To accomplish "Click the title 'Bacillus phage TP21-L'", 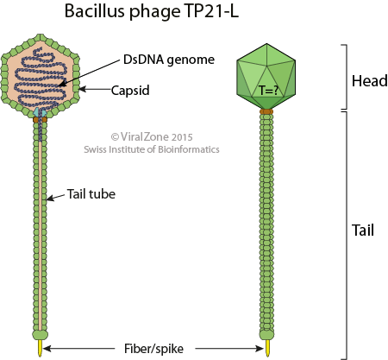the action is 152,12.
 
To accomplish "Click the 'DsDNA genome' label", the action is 169,60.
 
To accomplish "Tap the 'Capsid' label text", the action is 130,91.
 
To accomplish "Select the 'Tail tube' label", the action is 91,194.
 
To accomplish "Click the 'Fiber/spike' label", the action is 153,349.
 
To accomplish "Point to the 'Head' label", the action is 370,81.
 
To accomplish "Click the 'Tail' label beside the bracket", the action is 363,231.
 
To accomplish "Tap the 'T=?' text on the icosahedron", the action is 269,91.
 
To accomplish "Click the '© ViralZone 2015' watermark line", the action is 152,136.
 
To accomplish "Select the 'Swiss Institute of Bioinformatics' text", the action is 152,149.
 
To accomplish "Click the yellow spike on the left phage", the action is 40,348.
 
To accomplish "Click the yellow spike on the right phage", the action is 268,348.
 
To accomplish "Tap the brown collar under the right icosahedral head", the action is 266,111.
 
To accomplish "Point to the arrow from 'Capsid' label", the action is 96,89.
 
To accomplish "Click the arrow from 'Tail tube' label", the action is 55,197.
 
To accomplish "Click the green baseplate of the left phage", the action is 40,335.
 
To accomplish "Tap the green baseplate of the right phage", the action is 267,335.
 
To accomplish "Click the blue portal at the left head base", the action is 40,112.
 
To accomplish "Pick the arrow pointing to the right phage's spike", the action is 229,349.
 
